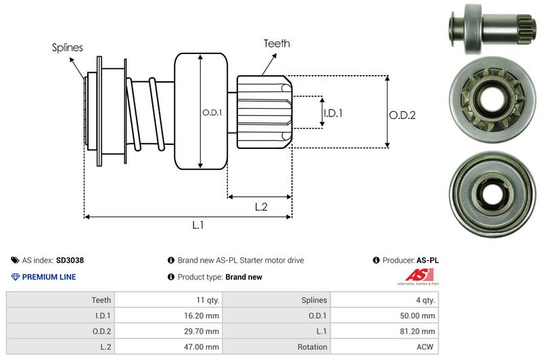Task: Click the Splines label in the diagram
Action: (68, 48)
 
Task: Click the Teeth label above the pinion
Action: (277, 43)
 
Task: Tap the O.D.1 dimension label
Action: (212, 112)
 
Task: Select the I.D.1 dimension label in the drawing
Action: (333, 113)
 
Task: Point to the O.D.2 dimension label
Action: (402, 115)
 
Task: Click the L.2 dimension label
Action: (262, 206)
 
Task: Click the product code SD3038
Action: (70, 260)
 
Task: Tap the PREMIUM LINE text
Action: (49, 277)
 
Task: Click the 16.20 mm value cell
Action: (204, 315)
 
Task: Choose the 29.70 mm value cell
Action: (204, 331)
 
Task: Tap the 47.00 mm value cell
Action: (204, 346)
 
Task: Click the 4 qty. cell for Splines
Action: (425, 300)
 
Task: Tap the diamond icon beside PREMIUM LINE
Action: (16, 277)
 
